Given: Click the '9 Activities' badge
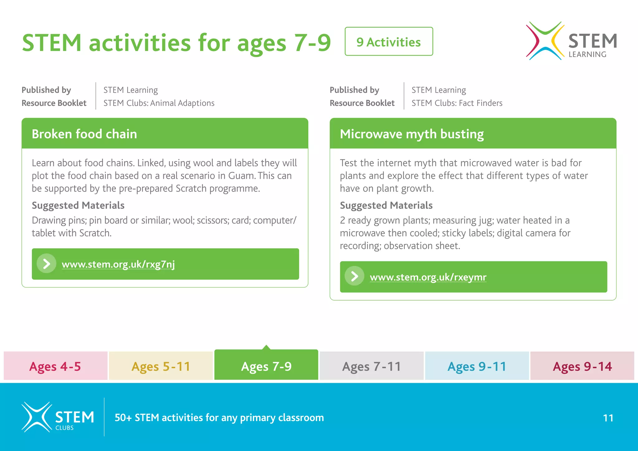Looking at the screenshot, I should tap(388, 41).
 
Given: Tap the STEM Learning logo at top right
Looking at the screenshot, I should tap(571, 41).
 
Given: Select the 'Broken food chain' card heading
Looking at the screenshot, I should tap(84, 134).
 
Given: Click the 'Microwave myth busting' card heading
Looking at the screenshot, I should tap(412, 134).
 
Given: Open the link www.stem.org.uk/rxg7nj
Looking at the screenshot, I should tap(118, 264).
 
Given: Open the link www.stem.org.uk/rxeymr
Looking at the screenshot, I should tap(428, 277).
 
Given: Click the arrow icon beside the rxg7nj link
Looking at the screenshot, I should tap(46, 263).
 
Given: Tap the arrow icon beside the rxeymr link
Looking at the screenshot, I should tap(355, 276).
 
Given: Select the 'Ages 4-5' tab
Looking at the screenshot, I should tap(55, 366).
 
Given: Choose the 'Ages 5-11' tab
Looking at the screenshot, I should tap(161, 366).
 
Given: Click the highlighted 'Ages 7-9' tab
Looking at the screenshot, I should tap(266, 366).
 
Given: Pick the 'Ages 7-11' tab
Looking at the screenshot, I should tap(371, 366).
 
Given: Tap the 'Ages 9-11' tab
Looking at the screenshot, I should tap(477, 366).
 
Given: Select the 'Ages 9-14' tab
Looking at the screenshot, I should tap(582, 366).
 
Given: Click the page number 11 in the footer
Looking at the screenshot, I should tap(608, 418).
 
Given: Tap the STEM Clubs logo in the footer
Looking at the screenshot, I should tap(58, 417).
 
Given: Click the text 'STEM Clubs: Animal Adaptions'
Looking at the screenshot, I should tap(159, 103).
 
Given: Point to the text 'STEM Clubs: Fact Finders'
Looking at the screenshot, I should tap(457, 103).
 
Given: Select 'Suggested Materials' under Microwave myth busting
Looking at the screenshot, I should tap(386, 205).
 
